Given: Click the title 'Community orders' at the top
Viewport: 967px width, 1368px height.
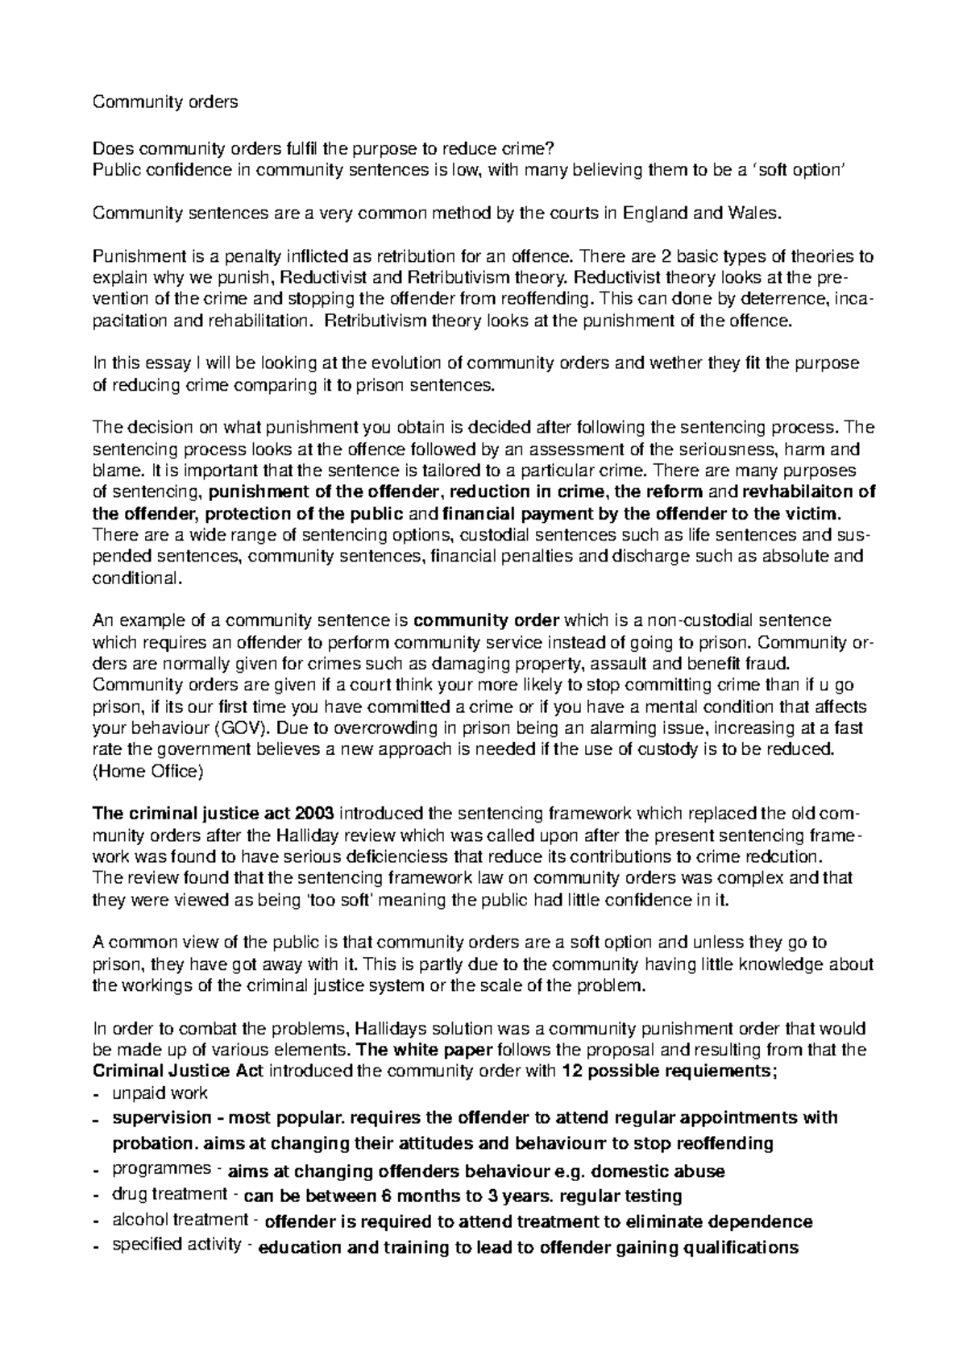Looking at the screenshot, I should (166, 102).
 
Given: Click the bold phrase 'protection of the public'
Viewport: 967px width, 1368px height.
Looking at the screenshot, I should (305, 513).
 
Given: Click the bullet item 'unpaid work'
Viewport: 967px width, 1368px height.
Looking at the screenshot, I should (160, 1093).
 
